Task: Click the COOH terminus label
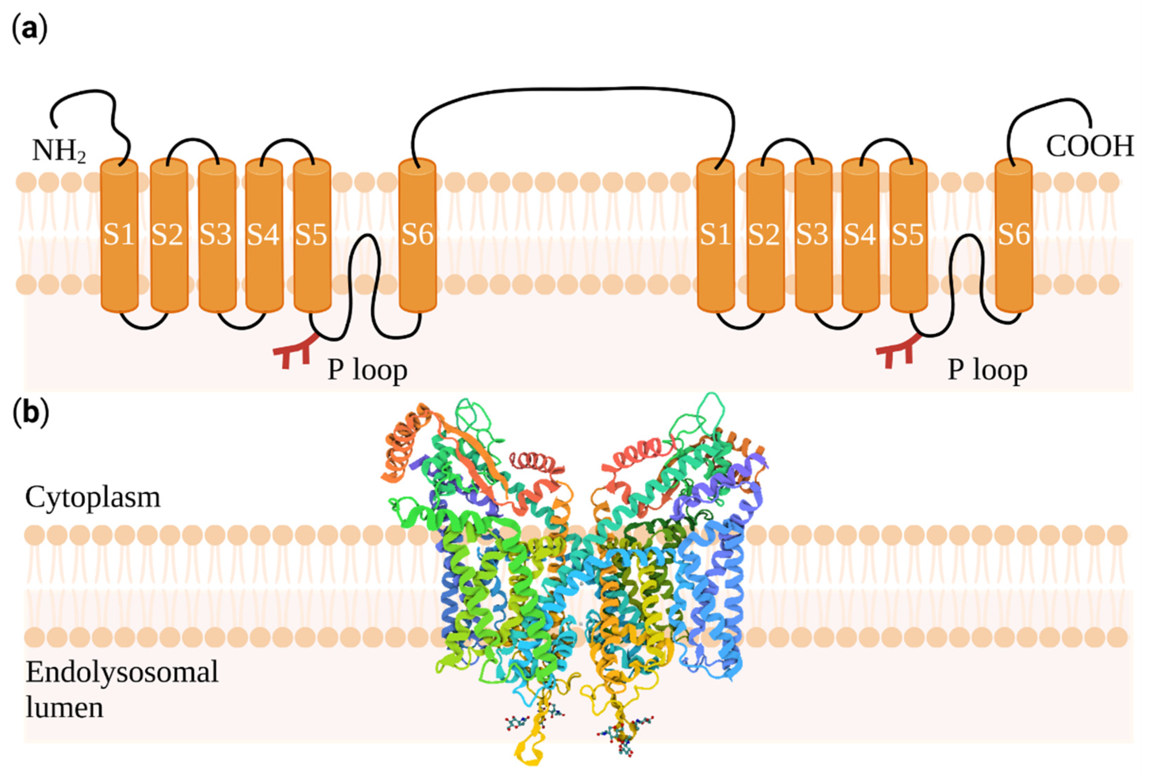tap(1089, 146)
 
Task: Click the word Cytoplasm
tap(93, 497)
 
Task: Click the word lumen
tap(64, 708)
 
